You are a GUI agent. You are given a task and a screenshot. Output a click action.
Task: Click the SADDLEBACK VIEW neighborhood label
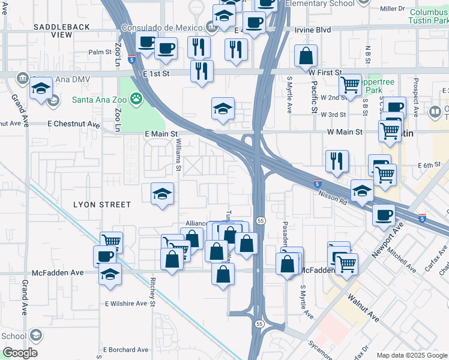62,31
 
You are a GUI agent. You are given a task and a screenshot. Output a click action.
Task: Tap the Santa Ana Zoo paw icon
137,97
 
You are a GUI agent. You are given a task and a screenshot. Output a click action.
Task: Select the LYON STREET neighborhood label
102,205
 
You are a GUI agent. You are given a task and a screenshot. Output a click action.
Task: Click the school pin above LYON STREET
162,194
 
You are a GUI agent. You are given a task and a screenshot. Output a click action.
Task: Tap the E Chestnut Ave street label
74,124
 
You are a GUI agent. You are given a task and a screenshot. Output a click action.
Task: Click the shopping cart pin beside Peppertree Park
349,85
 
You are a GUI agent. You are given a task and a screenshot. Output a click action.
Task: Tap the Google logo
20,353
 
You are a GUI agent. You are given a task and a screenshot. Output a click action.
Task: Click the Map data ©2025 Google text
412,355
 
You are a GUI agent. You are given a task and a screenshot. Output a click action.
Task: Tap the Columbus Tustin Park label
429,16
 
